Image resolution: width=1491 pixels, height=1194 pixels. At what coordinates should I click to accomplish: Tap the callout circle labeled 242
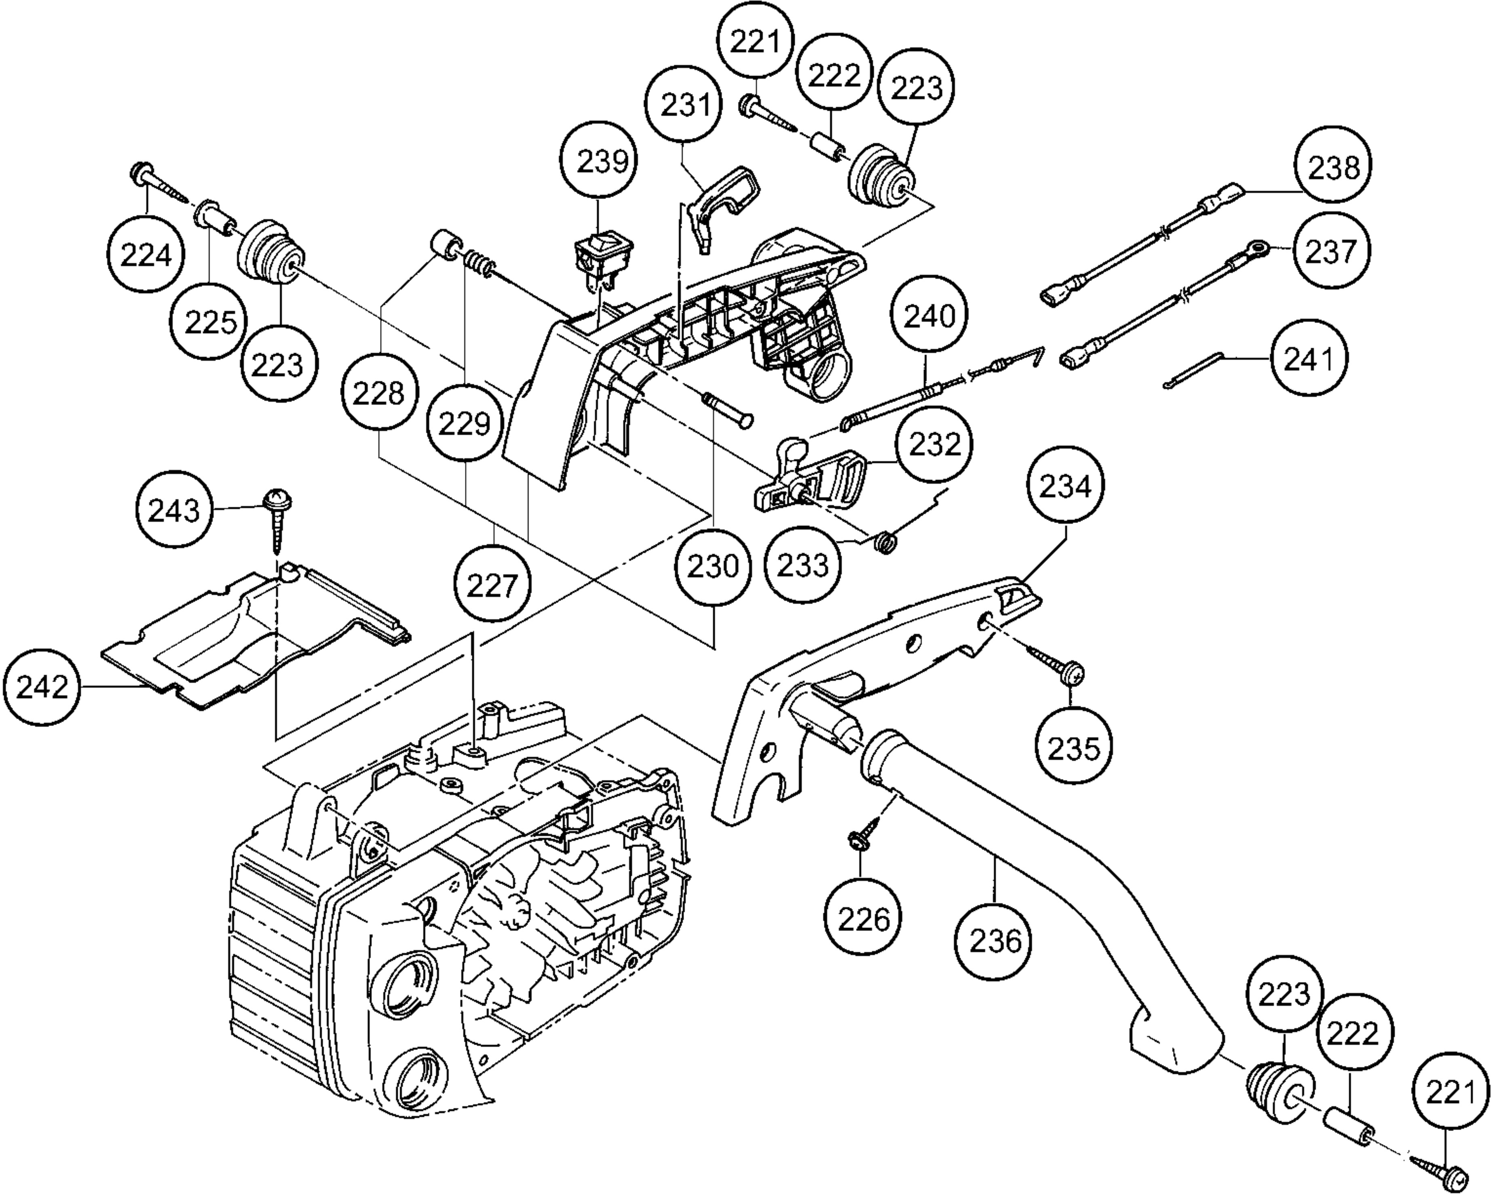[x=42, y=687]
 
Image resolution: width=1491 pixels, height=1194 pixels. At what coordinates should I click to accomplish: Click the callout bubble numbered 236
[x=995, y=940]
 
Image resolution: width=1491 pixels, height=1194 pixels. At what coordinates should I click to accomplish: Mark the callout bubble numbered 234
[x=1065, y=486]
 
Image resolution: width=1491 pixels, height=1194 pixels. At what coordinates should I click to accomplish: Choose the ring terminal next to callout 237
[x=1258, y=247]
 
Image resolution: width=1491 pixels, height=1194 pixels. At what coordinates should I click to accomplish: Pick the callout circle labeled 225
[x=211, y=321]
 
